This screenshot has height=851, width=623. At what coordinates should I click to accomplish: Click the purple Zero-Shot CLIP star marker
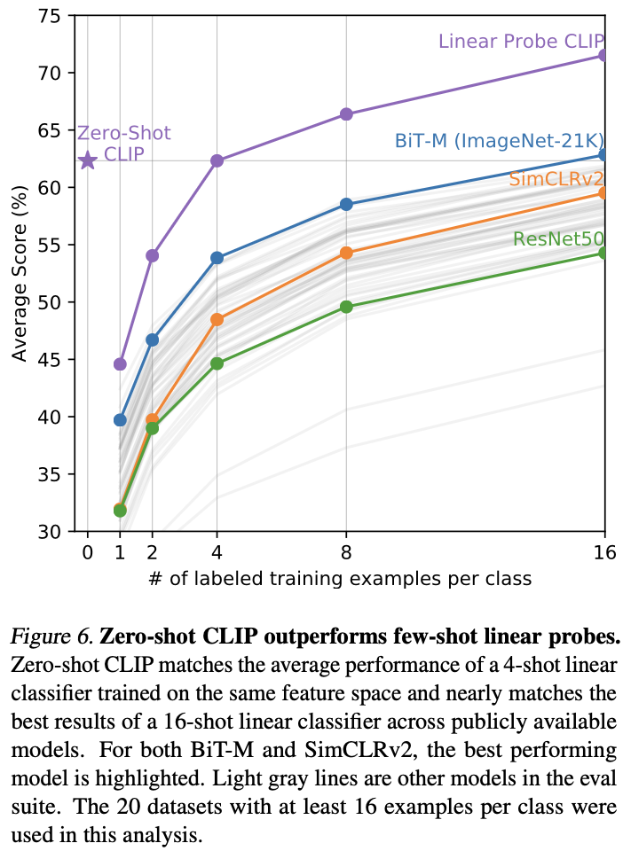[87, 160]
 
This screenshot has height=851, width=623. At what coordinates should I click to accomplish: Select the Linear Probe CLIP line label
[521, 42]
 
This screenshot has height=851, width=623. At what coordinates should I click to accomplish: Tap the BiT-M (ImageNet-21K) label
[499, 141]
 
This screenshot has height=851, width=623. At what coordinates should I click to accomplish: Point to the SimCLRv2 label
[556, 179]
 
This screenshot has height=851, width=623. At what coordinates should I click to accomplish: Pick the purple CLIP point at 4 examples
[217, 160]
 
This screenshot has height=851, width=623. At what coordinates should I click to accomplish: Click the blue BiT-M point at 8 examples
[346, 204]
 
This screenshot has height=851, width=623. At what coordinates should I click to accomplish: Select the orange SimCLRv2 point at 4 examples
[217, 319]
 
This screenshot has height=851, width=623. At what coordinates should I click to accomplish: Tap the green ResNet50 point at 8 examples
[346, 307]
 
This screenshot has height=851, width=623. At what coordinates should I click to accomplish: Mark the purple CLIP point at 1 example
[120, 363]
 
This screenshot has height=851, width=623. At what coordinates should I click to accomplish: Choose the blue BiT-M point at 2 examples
[152, 340]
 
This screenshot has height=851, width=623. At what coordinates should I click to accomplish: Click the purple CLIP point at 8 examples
[346, 114]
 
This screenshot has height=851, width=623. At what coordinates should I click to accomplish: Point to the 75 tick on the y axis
[54, 16]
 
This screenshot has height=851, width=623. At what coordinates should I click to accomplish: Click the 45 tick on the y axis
[54, 360]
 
